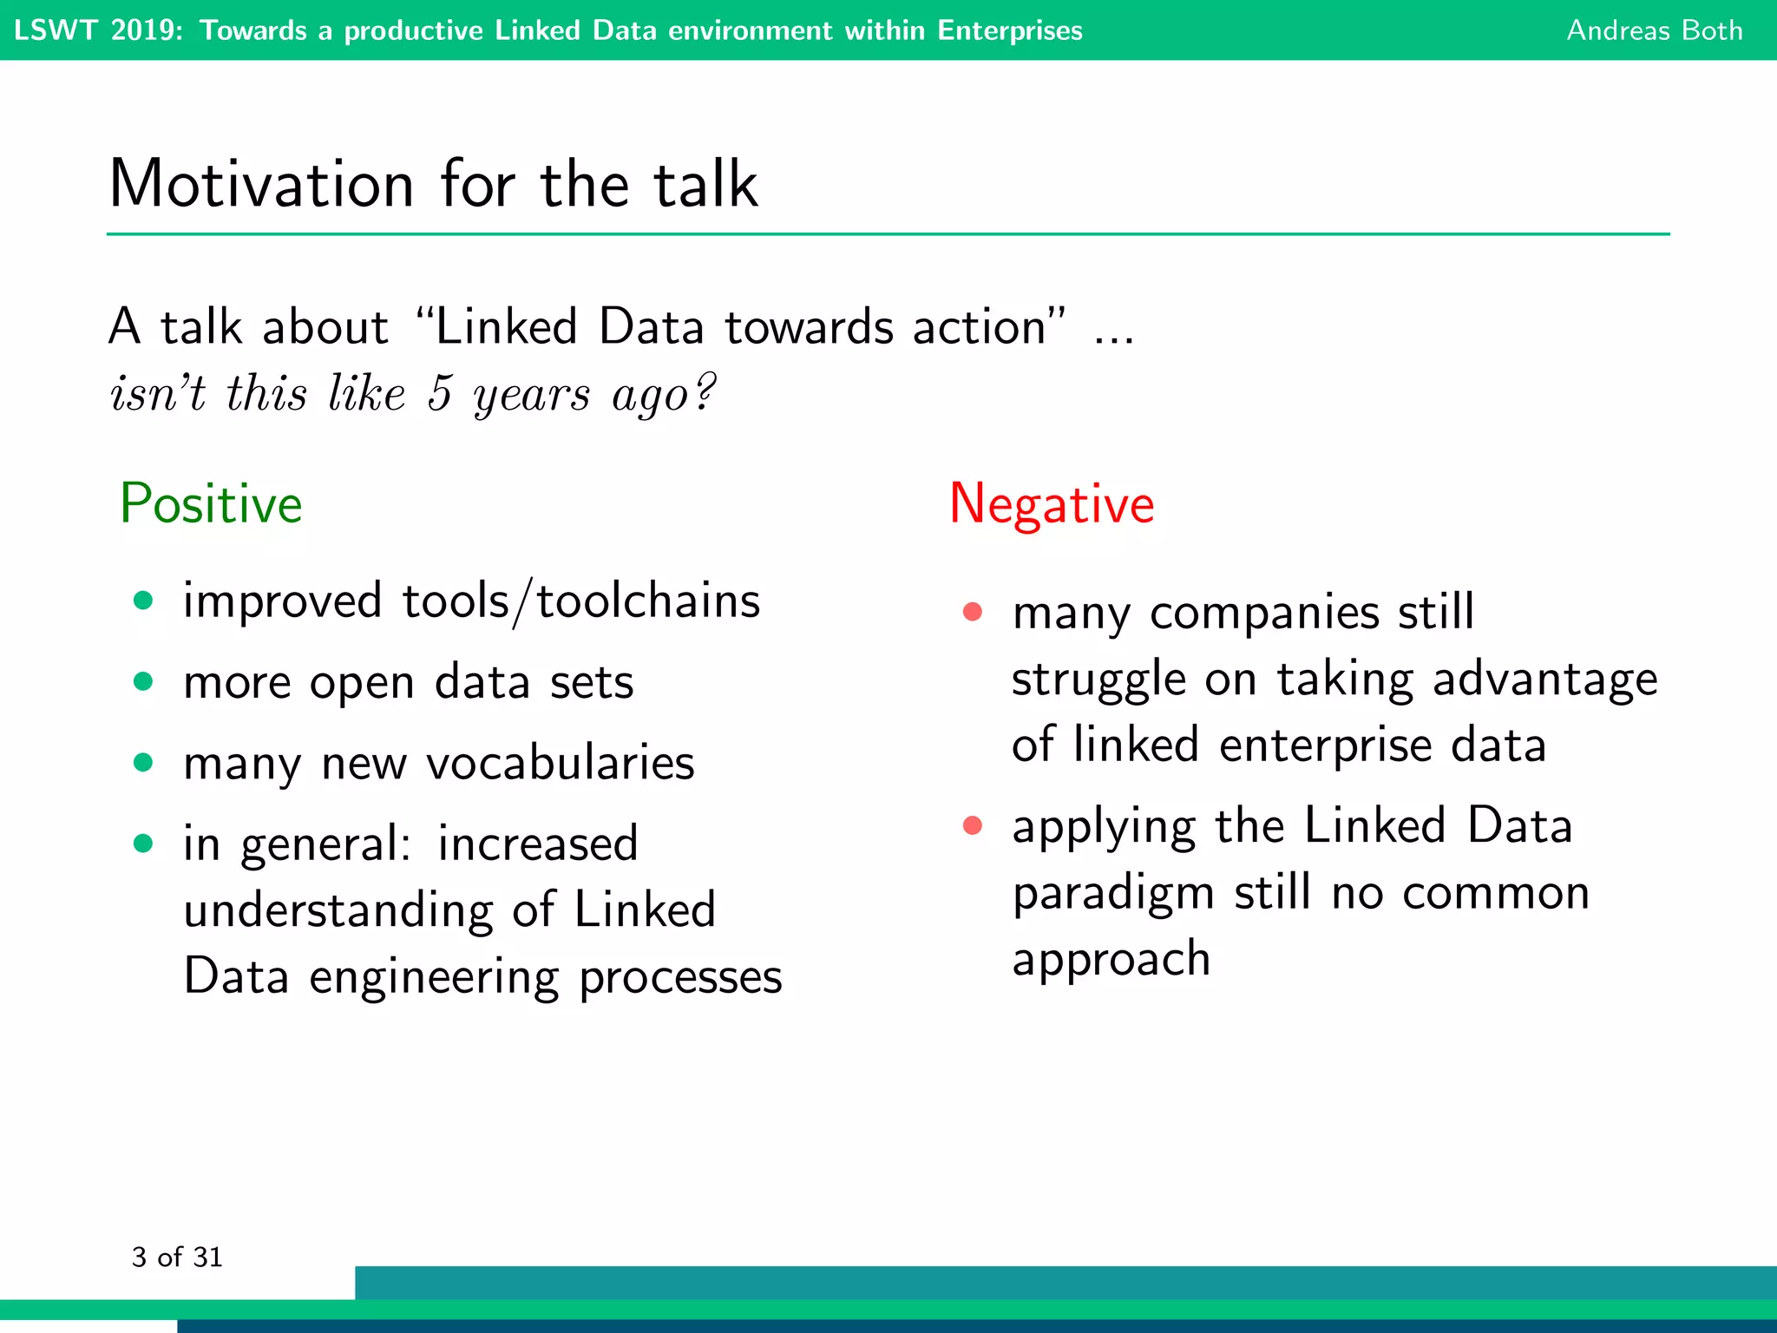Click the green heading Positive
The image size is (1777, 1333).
pyautogui.click(x=211, y=503)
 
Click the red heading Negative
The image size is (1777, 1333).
pyautogui.click(x=1052, y=503)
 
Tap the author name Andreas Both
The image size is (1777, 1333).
pyautogui.click(x=1654, y=30)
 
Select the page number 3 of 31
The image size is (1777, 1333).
pyautogui.click(x=177, y=1257)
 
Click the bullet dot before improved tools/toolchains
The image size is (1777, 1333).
pyautogui.click(x=144, y=601)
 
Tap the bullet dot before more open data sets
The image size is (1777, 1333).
pyautogui.click(x=144, y=681)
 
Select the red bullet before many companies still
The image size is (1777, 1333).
pyautogui.click(x=973, y=612)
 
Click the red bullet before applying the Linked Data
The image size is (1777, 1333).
pyautogui.click(x=973, y=824)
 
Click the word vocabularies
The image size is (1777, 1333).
pyautogui.click(x=561, y=763)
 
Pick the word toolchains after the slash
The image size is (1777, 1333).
pyautogui.click(x=648, y=601)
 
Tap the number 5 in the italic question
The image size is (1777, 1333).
pyautogui.click(x=441, y=393)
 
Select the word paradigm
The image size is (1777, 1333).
pyautogui.click(x=1113, y=894)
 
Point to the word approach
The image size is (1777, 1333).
pyautogui.click(x=1111, y=960)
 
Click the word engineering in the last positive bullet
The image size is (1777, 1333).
pyautogui.click(x=434, y=977)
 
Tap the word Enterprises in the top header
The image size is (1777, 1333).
pyautogui.click(x=1010, y=30)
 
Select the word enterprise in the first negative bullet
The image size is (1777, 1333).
pyautogui.click(x=1325, y=745)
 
